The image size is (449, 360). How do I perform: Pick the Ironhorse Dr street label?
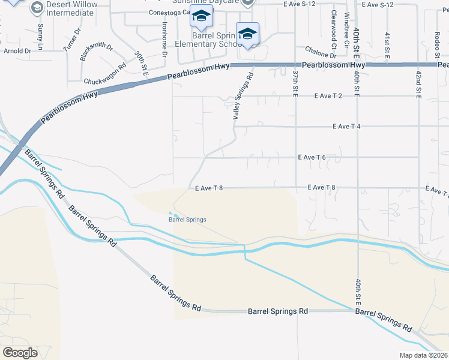click(x=164, y=39)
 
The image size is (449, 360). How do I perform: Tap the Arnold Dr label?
click(x=17, y=52)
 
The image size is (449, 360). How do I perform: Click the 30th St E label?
click(x=142, y=62)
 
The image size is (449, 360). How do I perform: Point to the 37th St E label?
click(x=295, y=83)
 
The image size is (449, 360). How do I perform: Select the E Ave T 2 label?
click(x=328, y=96)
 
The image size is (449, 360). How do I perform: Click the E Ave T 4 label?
click(x=350, y=127)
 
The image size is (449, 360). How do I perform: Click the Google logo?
click(x=20, y=353)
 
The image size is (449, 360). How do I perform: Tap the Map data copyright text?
click(x=424, y=355)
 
